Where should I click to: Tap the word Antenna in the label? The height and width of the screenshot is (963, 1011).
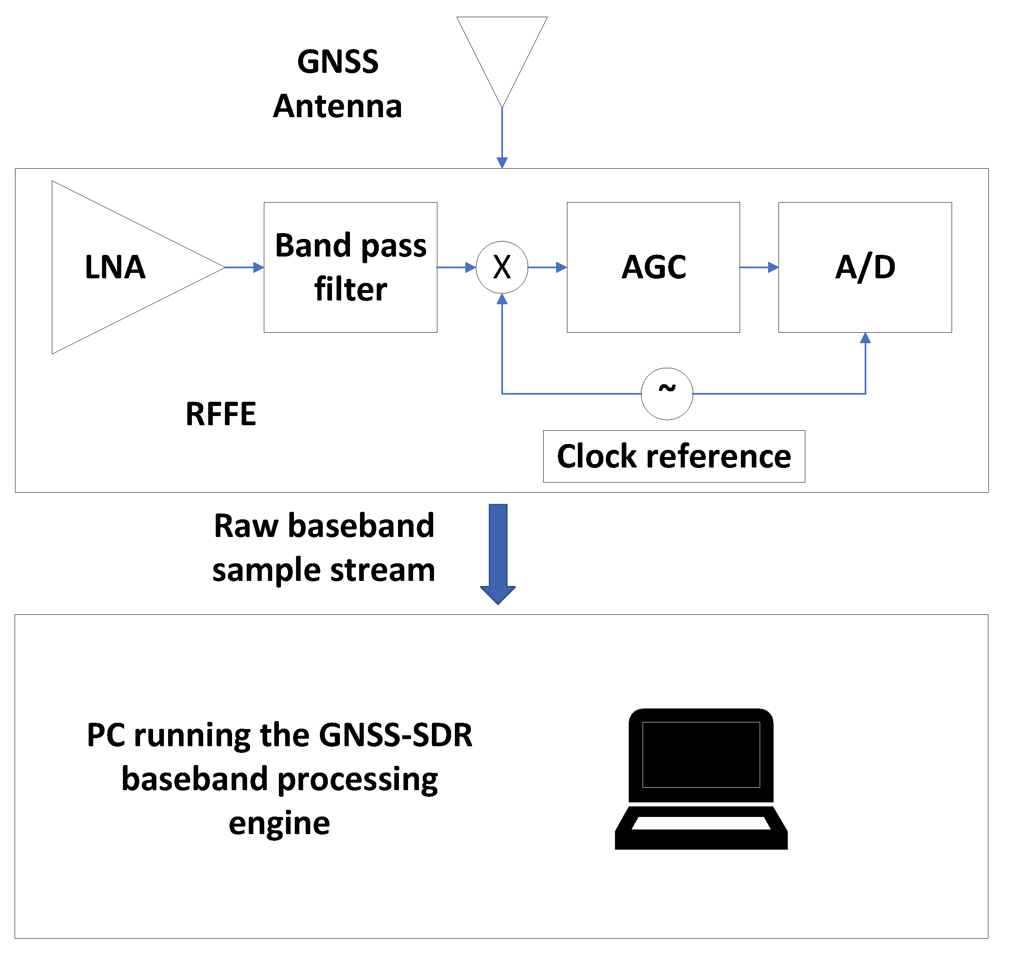pyautogui.click(x=337, y=107)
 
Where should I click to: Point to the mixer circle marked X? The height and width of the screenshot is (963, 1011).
pyautogui.click(x=502, y=267)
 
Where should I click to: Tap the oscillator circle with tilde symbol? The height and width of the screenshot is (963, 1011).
pyautogui.click(x=667, y=394)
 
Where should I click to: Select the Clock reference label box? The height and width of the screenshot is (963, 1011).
pyautogui.click(x=674, y=456)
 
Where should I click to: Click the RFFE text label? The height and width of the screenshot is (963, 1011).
pyautogui.click(x=221, y=414)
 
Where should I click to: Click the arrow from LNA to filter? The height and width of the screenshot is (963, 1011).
pyautogui.click(x=244, y=267)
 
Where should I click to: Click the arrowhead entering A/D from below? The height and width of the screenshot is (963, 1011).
pyautogui.click(x=865, y=338)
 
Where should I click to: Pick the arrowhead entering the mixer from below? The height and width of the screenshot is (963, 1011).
pyautogui.click(x=502, y=299)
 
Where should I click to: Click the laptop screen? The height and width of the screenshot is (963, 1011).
pyautogui.click(x=701, y=754)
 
